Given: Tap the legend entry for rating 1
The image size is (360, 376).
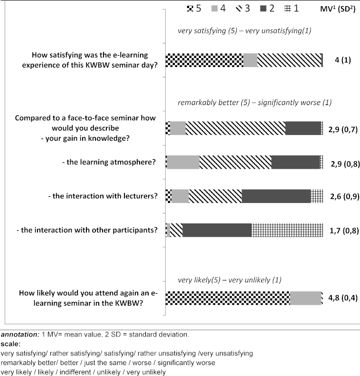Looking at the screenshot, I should point(294,8).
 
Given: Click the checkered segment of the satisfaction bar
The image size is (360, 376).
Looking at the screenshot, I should point(204,60).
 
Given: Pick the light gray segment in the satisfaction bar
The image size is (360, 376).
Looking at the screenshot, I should point(250,60).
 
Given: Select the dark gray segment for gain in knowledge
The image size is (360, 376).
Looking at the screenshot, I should point(303,128).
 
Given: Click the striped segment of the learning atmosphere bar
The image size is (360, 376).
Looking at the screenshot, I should point(235,162).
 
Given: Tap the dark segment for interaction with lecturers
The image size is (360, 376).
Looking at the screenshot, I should point(276,196).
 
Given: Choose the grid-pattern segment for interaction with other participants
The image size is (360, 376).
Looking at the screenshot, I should point(287,230).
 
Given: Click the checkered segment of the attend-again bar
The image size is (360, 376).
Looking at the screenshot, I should point(227,298).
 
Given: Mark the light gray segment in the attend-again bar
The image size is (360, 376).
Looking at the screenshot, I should point(305,298).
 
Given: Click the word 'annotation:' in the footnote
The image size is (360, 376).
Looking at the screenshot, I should point(16,334).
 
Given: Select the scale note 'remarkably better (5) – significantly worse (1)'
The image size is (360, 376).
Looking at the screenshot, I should point(255,102).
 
